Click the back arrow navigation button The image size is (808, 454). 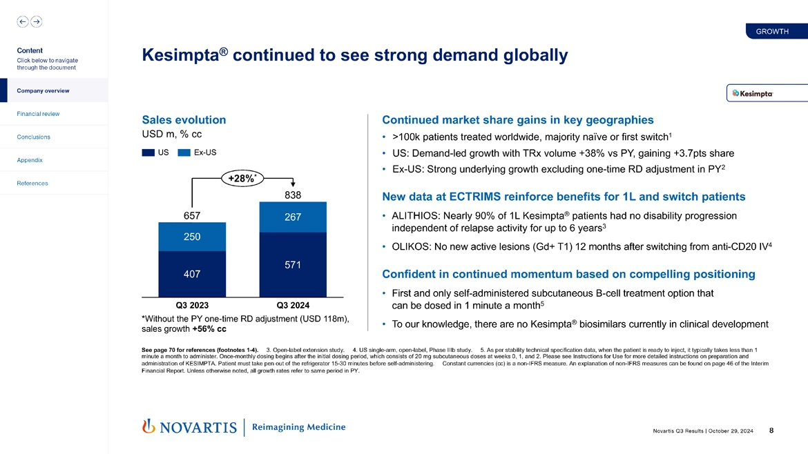[x=22, y=21]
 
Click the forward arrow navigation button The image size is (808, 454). [x=36, y=21]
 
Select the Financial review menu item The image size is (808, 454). [x=39, y=114]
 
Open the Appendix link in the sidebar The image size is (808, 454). [x=30, y=160]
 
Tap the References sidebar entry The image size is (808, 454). [x=32, y=183]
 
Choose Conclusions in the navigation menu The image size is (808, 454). [x=33, y=137]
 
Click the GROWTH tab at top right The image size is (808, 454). [x=772, y=32]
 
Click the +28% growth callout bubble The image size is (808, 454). [x=242, y=179]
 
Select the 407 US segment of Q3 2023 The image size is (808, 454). [x=193, y=274]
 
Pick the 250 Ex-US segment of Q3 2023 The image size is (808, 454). [x=193, y=237]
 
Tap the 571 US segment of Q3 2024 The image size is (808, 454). [x=293, y=264]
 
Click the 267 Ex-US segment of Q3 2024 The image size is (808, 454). [x=293, y=217]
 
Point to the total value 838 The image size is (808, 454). [x=294, y=195]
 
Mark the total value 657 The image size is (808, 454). [x=193, y=216]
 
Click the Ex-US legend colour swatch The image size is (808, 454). [x=184, y=152]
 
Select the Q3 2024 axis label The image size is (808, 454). [x=293, y=304]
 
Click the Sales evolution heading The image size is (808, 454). [x=184, y=119]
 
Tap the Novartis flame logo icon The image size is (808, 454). [x=148, y=426]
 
